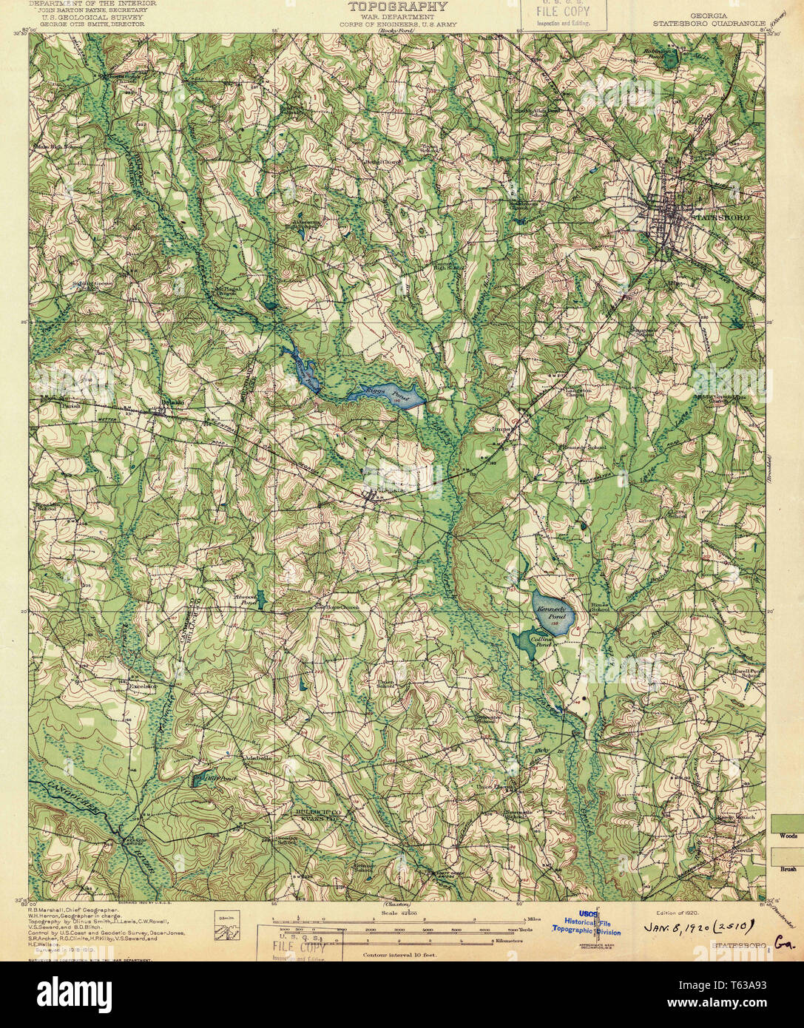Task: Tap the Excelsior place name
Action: click(143, 686)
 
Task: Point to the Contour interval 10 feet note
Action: click(399, 955)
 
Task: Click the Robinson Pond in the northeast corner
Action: click(669, 58)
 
